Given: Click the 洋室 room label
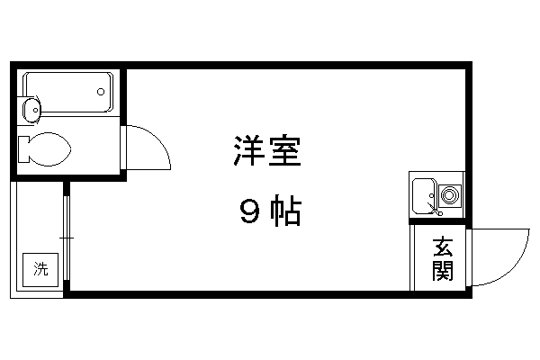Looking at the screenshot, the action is [267, 150].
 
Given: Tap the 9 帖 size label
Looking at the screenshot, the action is [271, 210].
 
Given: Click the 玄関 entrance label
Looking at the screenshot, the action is [443, 258].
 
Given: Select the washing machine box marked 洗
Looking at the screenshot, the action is [40, 270].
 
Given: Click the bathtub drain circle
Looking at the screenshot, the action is [101, 92].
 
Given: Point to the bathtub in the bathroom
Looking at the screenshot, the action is [68, 92].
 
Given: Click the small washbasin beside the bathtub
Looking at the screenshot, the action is [31, 110].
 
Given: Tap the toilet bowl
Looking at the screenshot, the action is [49, 149].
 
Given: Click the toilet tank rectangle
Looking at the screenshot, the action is [23, 149].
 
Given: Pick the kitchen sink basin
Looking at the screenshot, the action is [425, 196].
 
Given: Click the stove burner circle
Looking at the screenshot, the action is [449, 195].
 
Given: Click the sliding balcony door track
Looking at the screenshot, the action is [67, 238].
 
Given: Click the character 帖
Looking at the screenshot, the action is [286, 210].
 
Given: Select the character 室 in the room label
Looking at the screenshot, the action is [285, 150].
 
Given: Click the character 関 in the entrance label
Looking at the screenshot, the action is [443, 270].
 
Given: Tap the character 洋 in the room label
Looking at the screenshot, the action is [248, 150].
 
